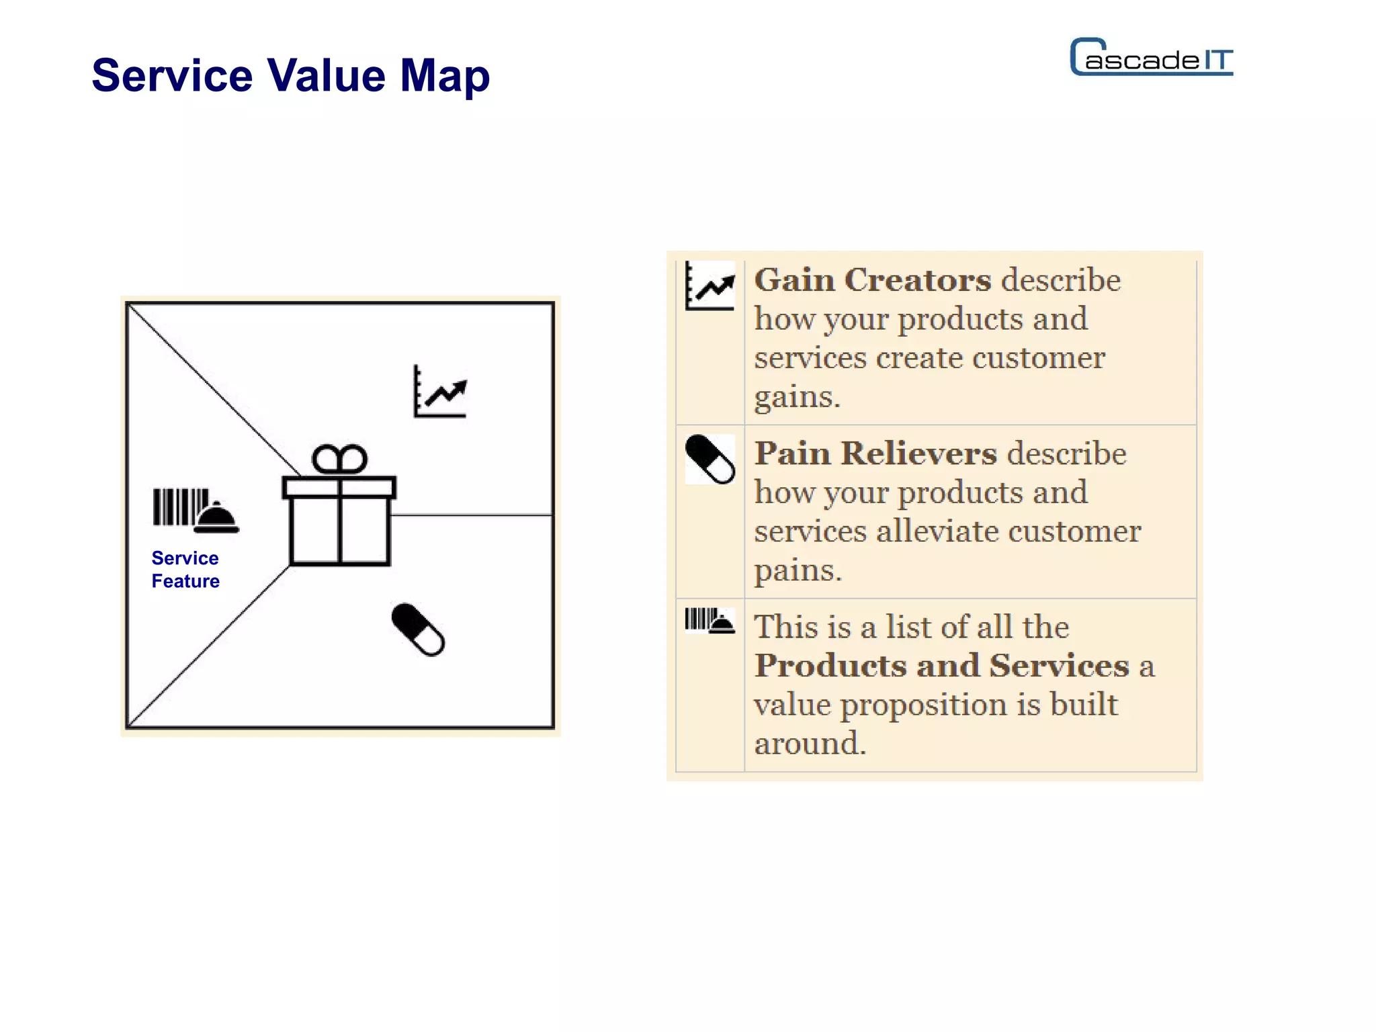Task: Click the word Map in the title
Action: coord(445,76)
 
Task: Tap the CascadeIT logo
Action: coord(1151,58)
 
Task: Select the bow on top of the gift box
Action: coord(339,460)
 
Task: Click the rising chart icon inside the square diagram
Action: coord(440,392)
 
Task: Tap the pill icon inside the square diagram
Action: coord(418,630)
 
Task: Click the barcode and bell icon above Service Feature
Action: coord(196,510)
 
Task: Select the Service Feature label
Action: coord(185,569)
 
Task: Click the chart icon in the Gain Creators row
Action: coord(710,287)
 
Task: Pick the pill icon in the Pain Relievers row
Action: coord(709,460)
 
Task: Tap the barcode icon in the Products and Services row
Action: coord(709,620)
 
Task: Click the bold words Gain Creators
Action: coord(872,279)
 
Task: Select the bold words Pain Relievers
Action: coord(875,453)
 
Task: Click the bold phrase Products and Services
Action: coord(941,665)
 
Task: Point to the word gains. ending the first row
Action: coord(797,396)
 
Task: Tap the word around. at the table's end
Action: coord(810,743)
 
